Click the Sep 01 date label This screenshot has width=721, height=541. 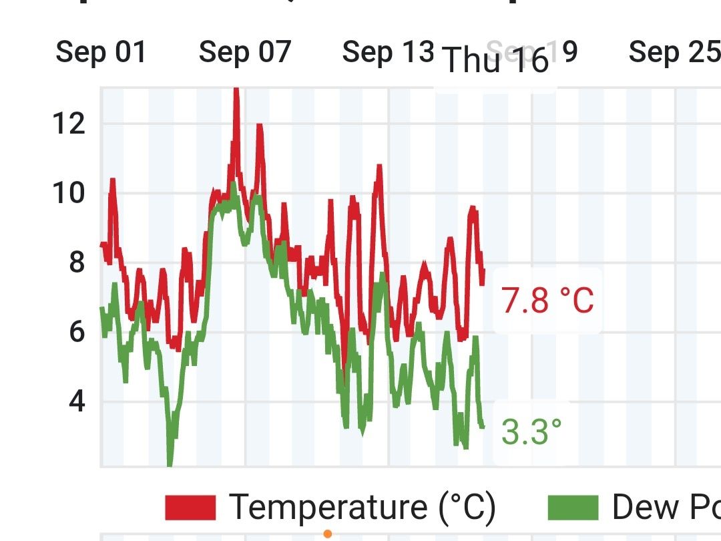click(x=101, y=52)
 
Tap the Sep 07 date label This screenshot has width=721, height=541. click(x=245, y=52)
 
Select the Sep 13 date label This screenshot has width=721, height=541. click(x=388, y=52)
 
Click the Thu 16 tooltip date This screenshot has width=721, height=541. click(x=495, y=61)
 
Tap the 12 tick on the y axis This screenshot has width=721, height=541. click(x=69, y=124)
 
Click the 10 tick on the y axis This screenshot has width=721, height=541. click(x=69, y=194)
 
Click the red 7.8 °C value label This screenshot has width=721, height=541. click(x=547, y=301)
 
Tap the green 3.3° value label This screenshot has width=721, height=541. click(x=531, y=432)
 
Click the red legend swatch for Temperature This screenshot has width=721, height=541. click(x=190, y=508)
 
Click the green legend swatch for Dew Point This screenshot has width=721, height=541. click(x=573, y=508)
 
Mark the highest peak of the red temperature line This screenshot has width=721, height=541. click(x=235, y=90)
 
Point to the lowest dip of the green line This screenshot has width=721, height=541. click(x=170, y=464)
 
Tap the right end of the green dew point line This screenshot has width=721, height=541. click(x=483, y=425)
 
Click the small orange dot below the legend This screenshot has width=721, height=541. click(x=328, y=534)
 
